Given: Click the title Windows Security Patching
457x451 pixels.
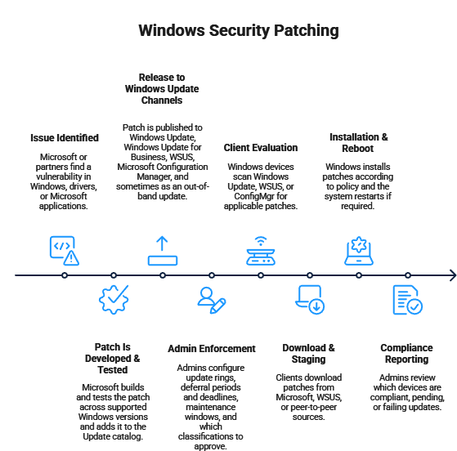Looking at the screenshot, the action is tap(239, 30).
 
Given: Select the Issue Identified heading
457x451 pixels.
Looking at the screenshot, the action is tap(65, 138).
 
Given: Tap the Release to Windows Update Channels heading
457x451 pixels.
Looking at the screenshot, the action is tap(162, 89).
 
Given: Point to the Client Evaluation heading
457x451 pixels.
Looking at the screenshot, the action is tap(261, 148).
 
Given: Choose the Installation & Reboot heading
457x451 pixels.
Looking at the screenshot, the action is tap(358, 143).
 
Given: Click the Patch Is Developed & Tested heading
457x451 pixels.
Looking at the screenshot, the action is tap(113, 359).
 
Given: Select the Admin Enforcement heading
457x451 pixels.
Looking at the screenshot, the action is tap(212, 348).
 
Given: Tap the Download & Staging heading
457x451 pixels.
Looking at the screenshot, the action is tap(308, 354).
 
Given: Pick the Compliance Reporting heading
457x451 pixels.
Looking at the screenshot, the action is tap(406, 354).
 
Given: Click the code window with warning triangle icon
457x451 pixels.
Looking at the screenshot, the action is tap(64, 251).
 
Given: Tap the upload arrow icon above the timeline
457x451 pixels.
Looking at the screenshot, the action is tap(163, 251).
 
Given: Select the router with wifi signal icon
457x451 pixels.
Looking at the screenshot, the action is tap(261, 251).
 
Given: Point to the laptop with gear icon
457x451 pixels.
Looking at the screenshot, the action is tap(359, 251).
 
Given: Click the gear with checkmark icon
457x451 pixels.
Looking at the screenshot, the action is tap(114, 300).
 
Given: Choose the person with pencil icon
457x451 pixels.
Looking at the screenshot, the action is tap(212, 300).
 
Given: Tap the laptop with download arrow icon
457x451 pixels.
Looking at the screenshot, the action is tap(310, 300).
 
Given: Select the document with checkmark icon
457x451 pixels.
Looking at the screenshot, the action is tap(408, 300).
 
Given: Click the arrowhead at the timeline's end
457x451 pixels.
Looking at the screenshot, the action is tap(453, 275).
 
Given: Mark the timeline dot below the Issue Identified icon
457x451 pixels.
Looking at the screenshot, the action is tap(65, 275).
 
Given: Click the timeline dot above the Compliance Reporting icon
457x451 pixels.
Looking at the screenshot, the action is tap(408, 275).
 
